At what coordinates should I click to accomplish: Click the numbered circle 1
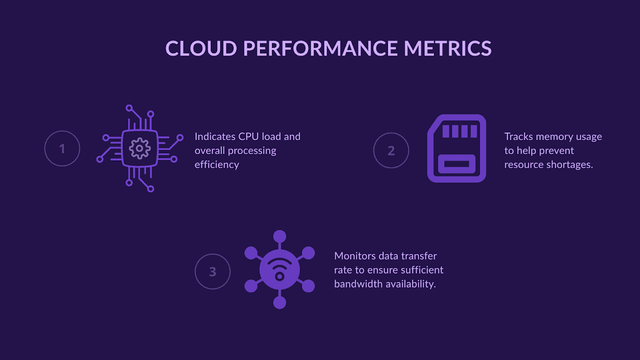click(62, 149)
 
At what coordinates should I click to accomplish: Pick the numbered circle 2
click(391, 150)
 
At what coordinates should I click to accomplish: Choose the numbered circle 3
click(212, 272)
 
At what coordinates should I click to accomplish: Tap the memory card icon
click(456, 148)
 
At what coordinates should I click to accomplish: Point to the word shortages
click(570, 164)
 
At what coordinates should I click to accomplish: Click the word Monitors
click(356, 256)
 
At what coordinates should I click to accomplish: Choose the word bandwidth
click(356, 284)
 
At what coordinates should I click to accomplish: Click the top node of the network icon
click(279, 236)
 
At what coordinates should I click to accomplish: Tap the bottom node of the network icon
click(279, 303)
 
